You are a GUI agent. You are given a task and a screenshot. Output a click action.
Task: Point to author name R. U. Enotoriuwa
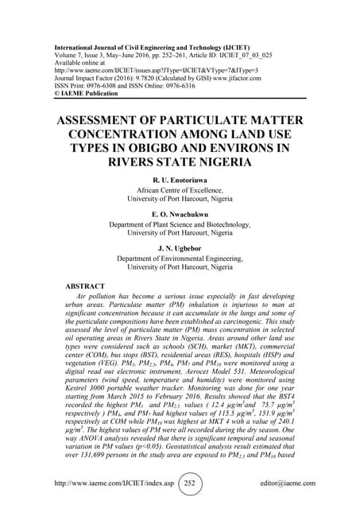pos(179,181)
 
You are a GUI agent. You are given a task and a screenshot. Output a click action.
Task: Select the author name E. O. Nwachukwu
pos(179,214)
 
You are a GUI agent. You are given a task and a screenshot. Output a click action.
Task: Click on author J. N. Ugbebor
pos(179,247)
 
